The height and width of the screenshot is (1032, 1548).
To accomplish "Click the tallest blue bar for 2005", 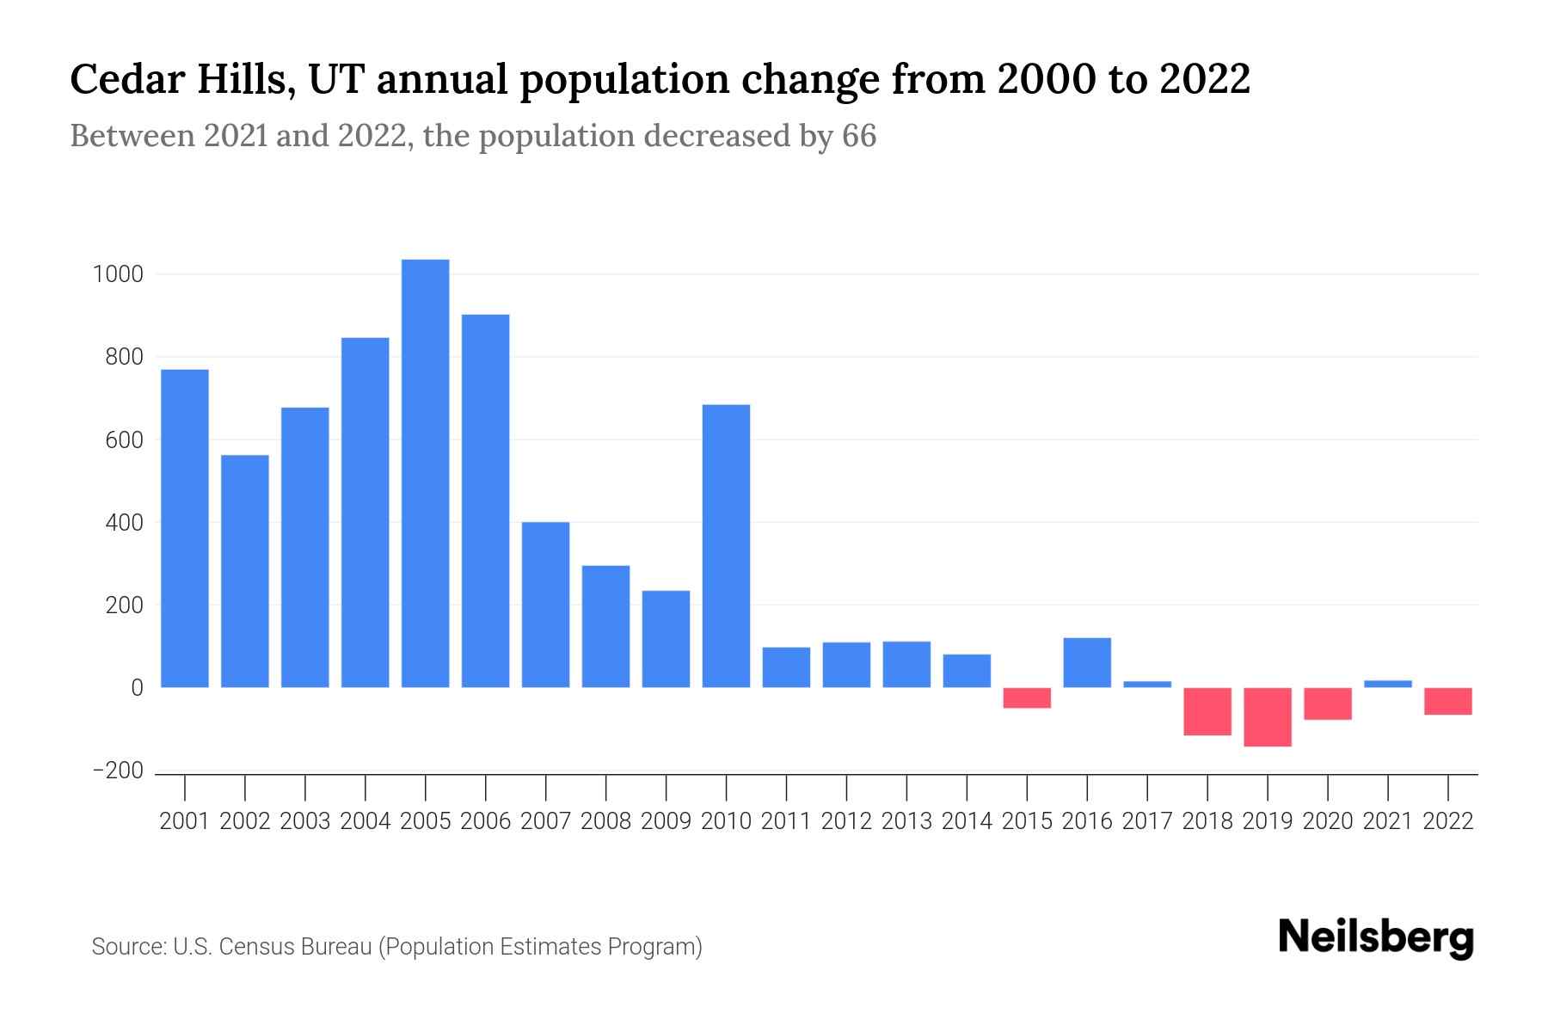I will [x=425, y=473].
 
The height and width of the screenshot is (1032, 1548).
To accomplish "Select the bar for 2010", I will [x=726, y=546].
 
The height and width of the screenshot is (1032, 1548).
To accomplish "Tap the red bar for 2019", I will [x=1268, y=716].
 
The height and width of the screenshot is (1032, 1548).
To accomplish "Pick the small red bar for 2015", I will [x=1027, y=697].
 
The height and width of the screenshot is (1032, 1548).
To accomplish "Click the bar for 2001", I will [x=185, y=528].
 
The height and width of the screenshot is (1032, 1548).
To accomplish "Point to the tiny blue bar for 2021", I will [x=1388, y=684].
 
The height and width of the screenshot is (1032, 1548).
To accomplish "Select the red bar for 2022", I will [x=1448, y=701].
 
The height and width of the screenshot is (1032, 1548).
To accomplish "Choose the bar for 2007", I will [x=545, y=605].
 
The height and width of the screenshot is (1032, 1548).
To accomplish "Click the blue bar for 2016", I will [x=1087, y=662].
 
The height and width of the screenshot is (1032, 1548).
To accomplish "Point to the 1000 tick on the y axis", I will [x=118, y=275].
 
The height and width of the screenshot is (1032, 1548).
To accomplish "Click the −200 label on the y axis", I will [x=118, y=771].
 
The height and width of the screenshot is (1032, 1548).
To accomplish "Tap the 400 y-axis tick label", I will [x=124, y=523].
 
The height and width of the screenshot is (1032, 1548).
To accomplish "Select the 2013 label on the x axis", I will [x=906, y=821].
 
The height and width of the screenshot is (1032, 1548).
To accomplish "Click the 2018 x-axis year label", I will [x=1207, y=821].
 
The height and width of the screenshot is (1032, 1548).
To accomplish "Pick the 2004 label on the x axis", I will [x=365, y=821].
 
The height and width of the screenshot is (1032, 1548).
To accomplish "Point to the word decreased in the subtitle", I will [x=716, y=137].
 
